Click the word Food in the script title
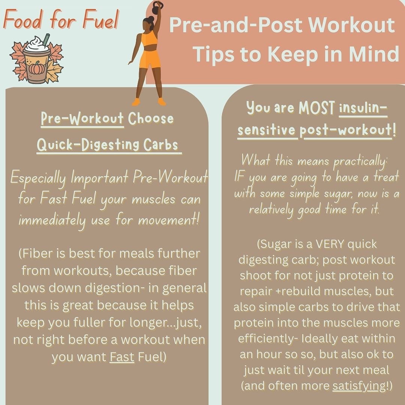click(22, 19)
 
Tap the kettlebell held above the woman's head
click(157, 7)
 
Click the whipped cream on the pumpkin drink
click(37, 44)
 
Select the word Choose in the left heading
click(151, 118)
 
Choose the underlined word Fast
click(122, 357)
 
